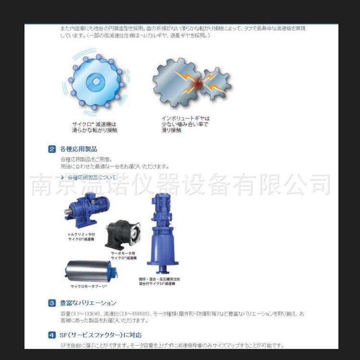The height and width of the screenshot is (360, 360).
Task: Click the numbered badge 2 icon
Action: [52, 149]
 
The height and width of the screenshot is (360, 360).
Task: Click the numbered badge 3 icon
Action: [52, 303]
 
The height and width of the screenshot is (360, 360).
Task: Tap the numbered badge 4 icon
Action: [52, 335]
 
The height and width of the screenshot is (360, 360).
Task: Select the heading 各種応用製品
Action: [78, 149]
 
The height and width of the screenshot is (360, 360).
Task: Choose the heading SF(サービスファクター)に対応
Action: [100, 335]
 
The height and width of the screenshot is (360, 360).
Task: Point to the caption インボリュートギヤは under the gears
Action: [186, 118]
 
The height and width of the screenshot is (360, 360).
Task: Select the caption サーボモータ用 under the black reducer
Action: [124, 253]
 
